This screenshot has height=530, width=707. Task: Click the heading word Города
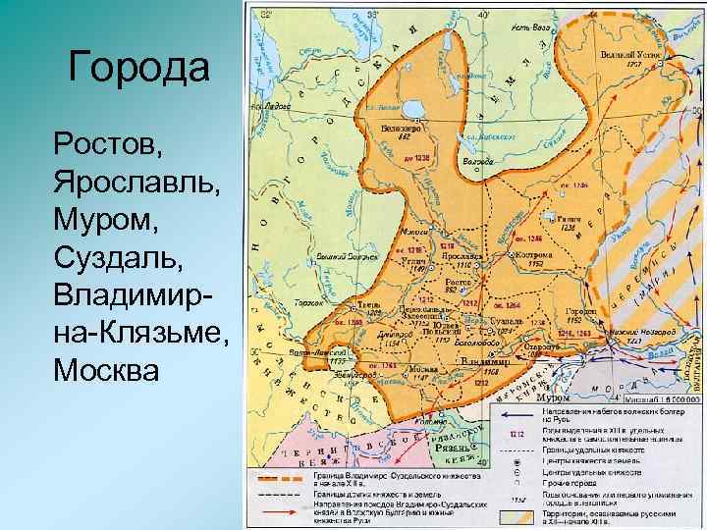click(x=139, y=69)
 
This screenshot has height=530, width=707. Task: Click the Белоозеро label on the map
click(x=397, y=129)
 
